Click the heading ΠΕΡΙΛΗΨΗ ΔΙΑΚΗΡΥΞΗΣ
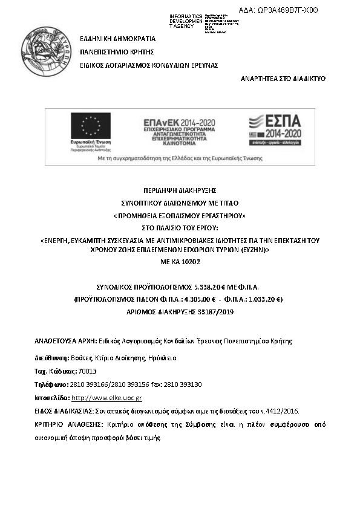tap(180, 189)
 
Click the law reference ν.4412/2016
tap(283, 411)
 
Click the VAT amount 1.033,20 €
tap(265, 299)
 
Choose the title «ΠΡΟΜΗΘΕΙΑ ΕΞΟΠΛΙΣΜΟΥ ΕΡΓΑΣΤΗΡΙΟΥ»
tap(180, 216)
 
